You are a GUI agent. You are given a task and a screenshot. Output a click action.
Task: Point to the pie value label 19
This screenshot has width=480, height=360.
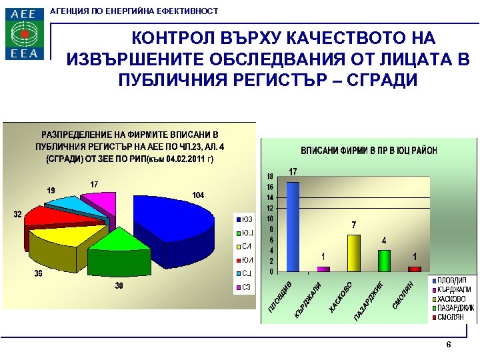pyautogui.click(x=51, y=191)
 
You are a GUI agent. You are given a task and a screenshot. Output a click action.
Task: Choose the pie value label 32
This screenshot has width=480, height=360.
pyautogui.click(x=18, y=214)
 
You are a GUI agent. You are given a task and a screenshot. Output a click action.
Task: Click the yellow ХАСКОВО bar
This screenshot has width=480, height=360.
pyautogui.click(x=353, y=253)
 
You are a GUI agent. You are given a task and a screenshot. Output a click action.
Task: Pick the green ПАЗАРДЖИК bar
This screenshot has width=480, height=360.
pyautogui.click(x=384, y=260)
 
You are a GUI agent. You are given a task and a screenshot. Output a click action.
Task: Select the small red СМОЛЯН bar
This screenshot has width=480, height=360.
pyautogui.click(x=415, y=269)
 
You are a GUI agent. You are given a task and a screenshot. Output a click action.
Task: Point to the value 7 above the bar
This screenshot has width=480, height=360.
pyautogui.click(x=354, y=225)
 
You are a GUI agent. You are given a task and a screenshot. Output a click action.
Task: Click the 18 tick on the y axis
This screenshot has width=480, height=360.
pyautogui.click(x=269, y=177)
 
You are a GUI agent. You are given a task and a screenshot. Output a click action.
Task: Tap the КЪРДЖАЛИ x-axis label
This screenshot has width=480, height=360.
pyautogui.click(x=309, y=299)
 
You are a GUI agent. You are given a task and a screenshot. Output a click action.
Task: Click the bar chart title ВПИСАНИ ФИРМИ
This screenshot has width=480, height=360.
pyautogui.click(x=369, y=150)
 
